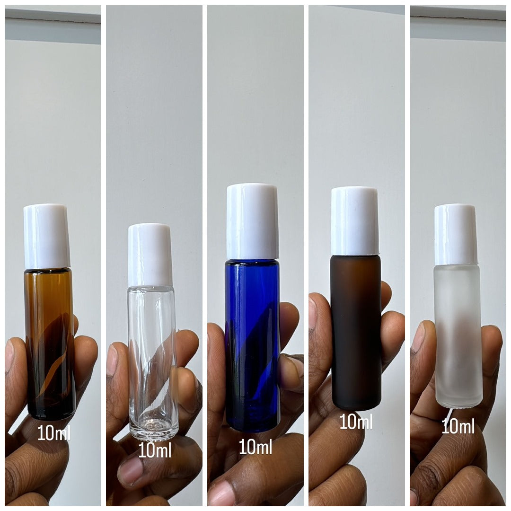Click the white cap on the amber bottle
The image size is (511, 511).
point(46,236)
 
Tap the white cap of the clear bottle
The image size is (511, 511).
point(150,255)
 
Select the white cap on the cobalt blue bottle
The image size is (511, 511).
point(252,221)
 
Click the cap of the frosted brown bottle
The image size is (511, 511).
point(355,220)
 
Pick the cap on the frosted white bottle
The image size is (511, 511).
point(456,234)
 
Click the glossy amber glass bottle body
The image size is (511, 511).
point(50,343)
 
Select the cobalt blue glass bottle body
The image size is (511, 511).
point(252,345)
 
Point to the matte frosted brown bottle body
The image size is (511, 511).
point(356,331)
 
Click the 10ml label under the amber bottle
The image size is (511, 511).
point(53,433)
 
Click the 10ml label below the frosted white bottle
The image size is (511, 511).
point(458,427)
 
